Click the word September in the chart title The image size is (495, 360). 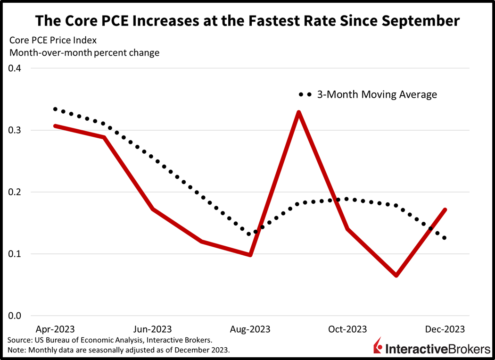[418, 21]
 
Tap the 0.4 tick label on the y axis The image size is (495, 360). [17, 68]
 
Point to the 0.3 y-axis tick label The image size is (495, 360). [17, 130]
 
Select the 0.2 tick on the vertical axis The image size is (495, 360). [17, 192]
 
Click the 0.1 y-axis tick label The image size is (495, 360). [17, 254]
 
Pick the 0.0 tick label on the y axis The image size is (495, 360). [17, 316]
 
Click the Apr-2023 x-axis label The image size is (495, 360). [55, 329]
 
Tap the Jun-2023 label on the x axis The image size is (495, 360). [152, 329]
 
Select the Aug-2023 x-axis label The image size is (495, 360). [250, 329]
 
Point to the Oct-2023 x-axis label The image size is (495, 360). [347, 329]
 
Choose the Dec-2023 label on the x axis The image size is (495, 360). [445, 329]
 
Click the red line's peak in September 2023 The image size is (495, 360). [299, 112]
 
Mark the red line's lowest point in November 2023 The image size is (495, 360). [396, 275]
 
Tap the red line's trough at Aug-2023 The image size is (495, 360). [250, 255]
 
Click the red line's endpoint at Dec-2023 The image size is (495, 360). [445, 209]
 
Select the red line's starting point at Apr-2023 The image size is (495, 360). [55, 126]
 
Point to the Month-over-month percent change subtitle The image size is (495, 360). [84, 52]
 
